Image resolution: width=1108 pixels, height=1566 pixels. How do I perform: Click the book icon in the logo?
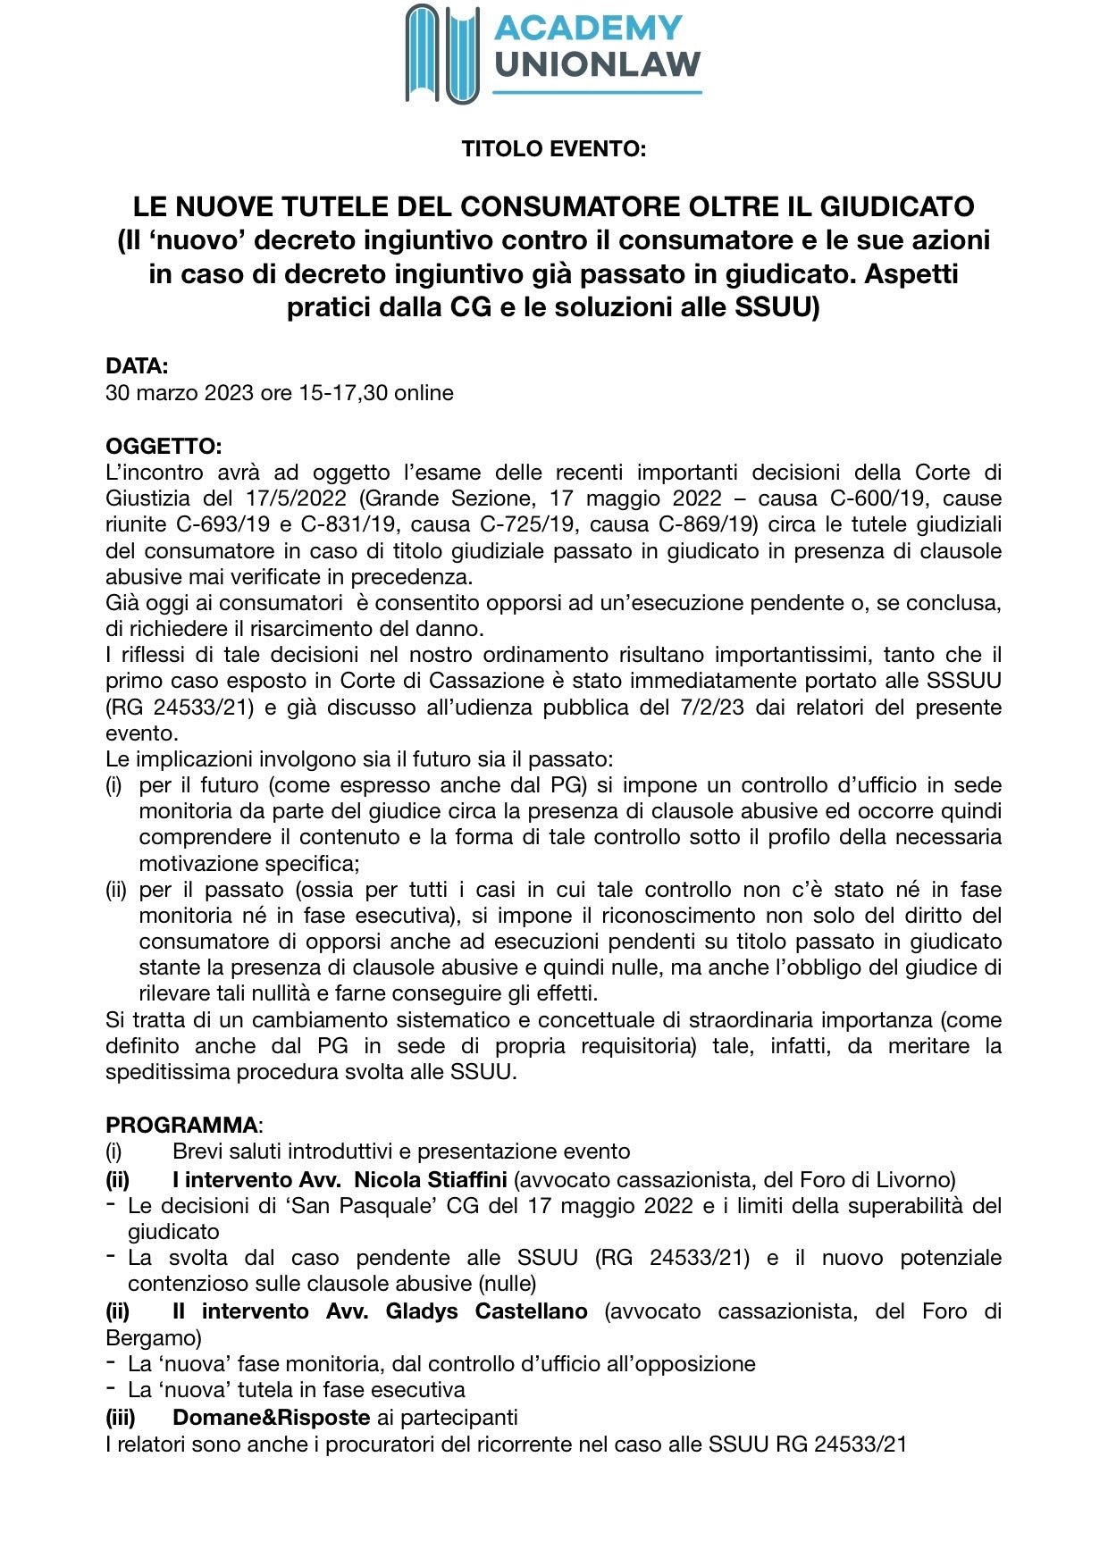click(x=442, y=54)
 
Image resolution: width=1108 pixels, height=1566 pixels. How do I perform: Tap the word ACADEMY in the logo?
click(x=588, y=29)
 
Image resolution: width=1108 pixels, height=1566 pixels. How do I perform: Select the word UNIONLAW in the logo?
click(x=597, y=65)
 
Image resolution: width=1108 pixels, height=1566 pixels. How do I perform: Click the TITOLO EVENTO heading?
click(x=553, y=149)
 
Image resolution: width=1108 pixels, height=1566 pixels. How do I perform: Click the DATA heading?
click(x=137, y=366)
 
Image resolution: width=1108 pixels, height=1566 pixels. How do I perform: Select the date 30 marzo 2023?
click(x=180, y=393)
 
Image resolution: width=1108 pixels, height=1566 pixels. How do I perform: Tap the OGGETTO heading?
click(x=164, y=446)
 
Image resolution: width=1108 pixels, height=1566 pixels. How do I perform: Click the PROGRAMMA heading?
click(x=181, y=1125)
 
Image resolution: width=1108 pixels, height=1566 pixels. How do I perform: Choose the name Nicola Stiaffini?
click(x=431, y=1180)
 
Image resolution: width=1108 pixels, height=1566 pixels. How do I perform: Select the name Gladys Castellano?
click(x=486, y=1311)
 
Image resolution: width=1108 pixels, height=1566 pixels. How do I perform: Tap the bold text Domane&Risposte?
click(x=271, y=1418)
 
